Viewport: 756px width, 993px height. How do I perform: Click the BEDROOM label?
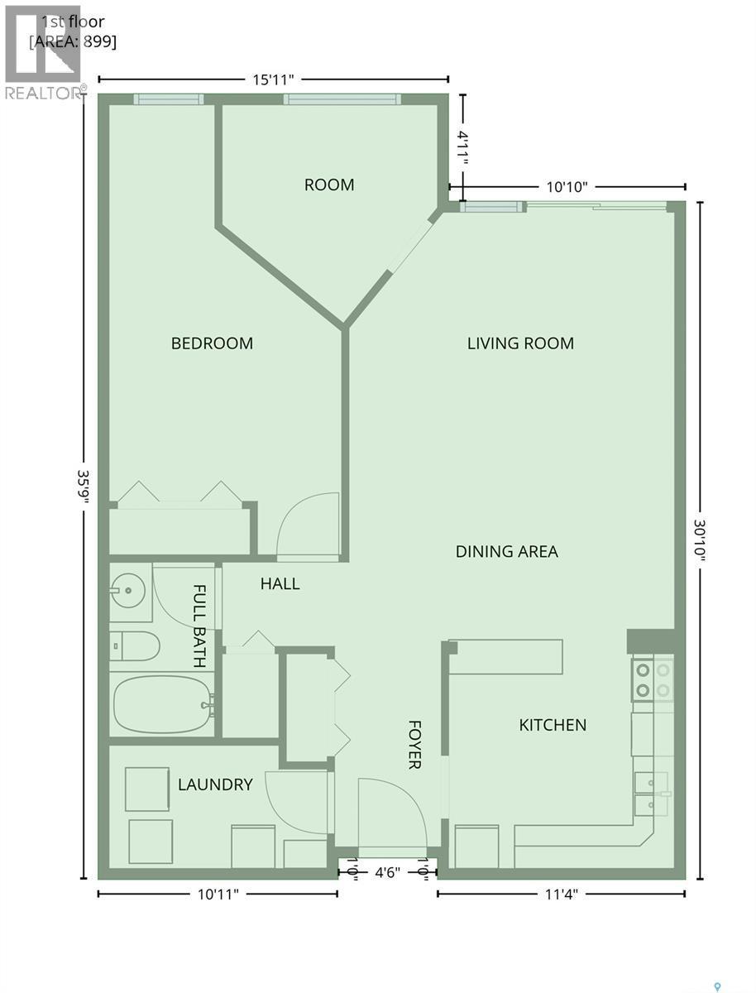click(x=212, y=343)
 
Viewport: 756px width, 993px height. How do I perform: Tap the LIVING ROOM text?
click(x=520, y=343)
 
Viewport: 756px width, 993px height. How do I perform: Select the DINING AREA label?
click(x=506, y=551)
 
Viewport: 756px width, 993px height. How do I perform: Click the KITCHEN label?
click(x=553, y=725)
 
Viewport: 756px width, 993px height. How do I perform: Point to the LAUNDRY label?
click(x=215, y=784)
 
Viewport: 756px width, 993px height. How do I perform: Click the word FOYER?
click(x=415, y=744)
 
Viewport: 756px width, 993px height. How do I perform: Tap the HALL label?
click(x=280, y=583)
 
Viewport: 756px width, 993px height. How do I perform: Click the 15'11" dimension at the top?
click(x=272, y=79)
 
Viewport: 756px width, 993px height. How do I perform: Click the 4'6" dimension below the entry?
click(x=389, y=872)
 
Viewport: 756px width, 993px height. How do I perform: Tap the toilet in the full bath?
click(x=136, y=646)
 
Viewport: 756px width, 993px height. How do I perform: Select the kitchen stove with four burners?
click(x=653, y=678)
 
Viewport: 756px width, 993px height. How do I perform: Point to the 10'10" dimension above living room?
click(x=567, y=187)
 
